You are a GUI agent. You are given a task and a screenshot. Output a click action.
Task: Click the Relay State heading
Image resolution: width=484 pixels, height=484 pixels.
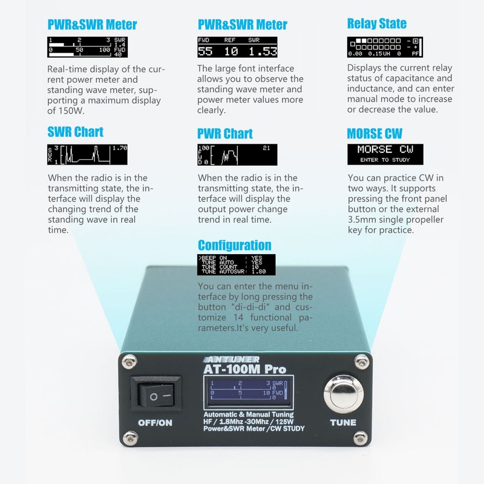point(377,24)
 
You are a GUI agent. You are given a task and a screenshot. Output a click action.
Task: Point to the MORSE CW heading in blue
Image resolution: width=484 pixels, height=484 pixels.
point(374,134)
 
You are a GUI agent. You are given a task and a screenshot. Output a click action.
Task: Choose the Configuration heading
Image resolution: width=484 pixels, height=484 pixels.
point(235,245)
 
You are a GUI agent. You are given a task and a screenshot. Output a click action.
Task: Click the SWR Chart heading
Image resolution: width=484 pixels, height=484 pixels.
point(76,132)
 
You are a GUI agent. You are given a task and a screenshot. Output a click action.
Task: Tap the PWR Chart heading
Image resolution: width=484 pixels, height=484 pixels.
point(225,134)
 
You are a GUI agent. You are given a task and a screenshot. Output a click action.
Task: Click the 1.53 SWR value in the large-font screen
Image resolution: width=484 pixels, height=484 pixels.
point(261,51)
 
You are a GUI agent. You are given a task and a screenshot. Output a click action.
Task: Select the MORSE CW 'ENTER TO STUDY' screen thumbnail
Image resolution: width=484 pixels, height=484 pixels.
point(384,154)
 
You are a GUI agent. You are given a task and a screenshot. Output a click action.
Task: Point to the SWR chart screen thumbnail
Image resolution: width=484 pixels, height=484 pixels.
point(88,155)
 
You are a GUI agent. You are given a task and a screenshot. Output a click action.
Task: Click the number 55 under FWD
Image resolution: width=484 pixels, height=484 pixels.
point(205,51)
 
